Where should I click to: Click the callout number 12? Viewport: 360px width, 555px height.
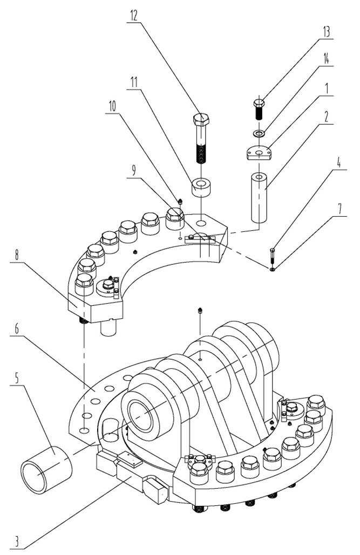coord(133,16)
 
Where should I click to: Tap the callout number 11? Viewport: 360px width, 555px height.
coord(133,83)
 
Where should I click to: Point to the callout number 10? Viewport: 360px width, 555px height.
coord(112,107)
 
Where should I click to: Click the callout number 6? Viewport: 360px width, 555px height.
coord(16,329)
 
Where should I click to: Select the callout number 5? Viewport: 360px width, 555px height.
coord(16,379)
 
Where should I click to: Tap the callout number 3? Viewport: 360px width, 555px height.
coord(16,542)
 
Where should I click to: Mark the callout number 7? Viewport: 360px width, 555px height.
coord(339,209)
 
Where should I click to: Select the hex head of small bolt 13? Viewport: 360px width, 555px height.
coord(260,102)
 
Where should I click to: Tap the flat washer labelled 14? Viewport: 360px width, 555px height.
coord(260,133)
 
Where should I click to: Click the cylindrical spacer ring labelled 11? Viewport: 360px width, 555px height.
coord(201,187)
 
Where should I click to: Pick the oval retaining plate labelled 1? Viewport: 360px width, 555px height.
coord(260,153)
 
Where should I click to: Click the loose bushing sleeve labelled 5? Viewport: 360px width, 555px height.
coord(46,470)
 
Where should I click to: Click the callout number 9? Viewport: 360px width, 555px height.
coord(133,172)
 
